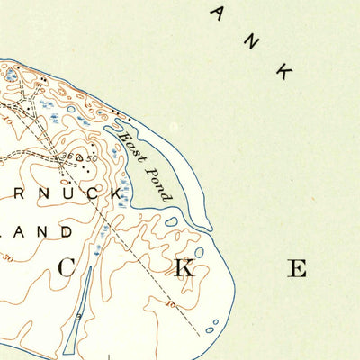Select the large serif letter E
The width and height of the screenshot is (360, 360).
[x=298, y=267]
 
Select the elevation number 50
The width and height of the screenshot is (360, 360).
[x=93, y=158]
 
